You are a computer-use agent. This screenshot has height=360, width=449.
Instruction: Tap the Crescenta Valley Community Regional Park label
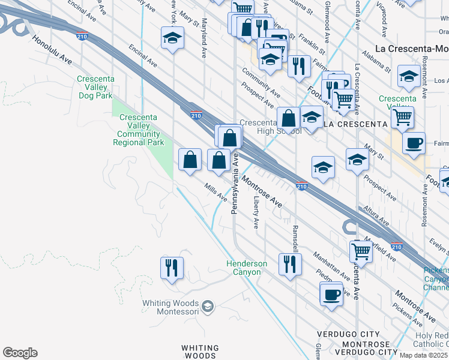140,130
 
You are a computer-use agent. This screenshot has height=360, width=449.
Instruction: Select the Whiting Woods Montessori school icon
207,307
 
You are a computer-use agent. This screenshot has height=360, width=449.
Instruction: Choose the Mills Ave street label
215,192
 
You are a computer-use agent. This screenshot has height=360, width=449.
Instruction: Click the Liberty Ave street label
256,211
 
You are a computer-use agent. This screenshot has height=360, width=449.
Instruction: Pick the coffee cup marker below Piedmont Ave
331,294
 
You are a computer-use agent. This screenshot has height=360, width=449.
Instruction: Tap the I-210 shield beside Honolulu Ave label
83,36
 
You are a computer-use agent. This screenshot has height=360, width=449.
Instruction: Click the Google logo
20,353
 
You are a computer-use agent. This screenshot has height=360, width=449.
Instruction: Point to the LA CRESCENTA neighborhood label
355,124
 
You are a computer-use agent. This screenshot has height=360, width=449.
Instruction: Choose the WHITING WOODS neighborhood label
200,352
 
